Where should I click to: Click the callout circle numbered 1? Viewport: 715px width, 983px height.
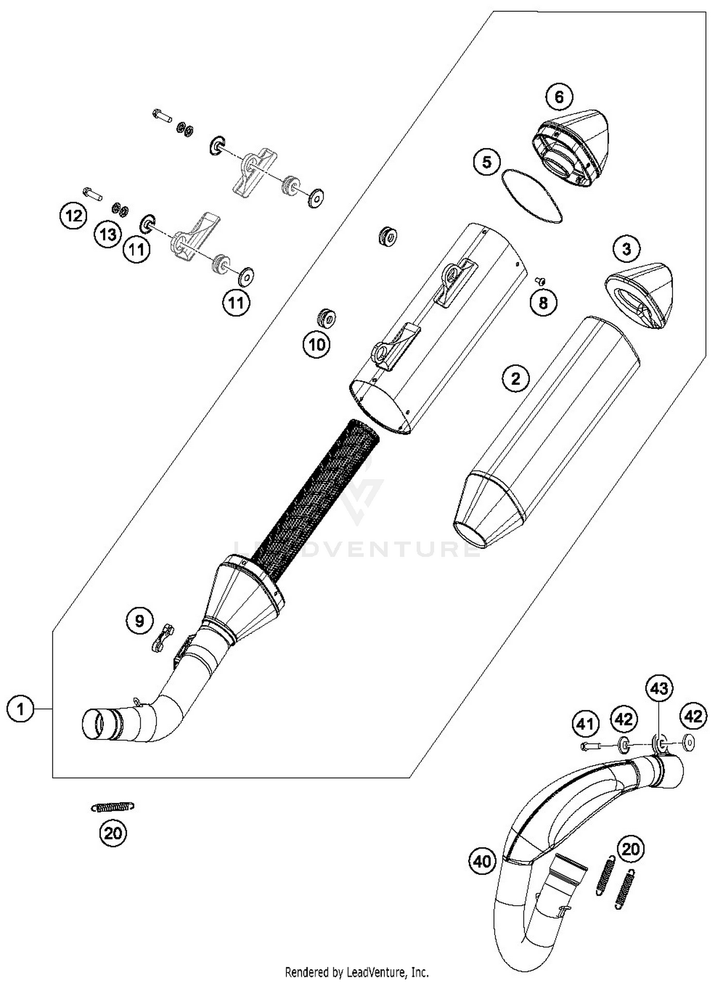click(20, 710)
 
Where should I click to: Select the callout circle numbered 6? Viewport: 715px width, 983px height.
click(559, 97)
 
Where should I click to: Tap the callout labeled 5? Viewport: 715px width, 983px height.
click(487, 162)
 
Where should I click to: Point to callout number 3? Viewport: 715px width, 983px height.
click(626, 248)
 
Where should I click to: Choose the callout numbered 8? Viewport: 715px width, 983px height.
click(543, 302)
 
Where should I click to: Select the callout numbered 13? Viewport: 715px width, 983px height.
click(108, 234)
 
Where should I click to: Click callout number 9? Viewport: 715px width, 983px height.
click(140, 621)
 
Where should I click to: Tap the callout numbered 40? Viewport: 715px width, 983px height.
click(482, 861)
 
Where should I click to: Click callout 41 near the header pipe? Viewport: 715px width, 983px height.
click(585, 724)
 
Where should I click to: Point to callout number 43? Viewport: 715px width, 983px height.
click(659, 688)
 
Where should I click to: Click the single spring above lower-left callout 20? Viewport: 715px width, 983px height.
click(112, 807)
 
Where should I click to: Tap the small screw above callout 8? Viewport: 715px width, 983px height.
click(540, 281)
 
